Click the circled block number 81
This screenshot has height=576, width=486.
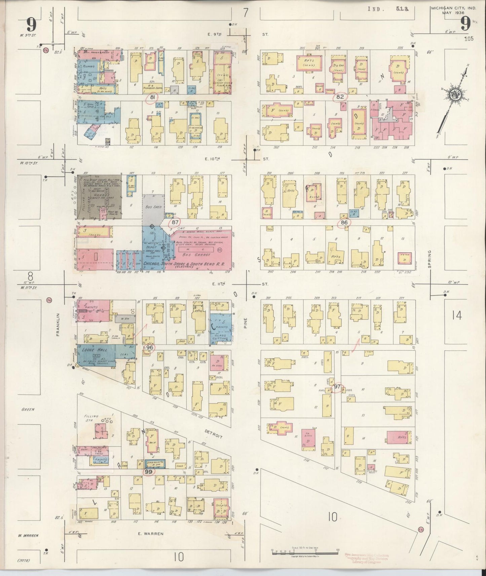coord(152,97)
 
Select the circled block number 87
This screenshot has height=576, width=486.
coord(175,222)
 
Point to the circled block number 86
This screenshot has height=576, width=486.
coord(344,222)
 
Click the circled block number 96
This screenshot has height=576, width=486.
coord(150,347)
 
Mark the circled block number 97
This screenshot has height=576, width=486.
coord(337,387)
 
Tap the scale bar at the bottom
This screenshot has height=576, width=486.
coord(304,551)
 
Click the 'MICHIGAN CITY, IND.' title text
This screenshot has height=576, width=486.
coord(454,7)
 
